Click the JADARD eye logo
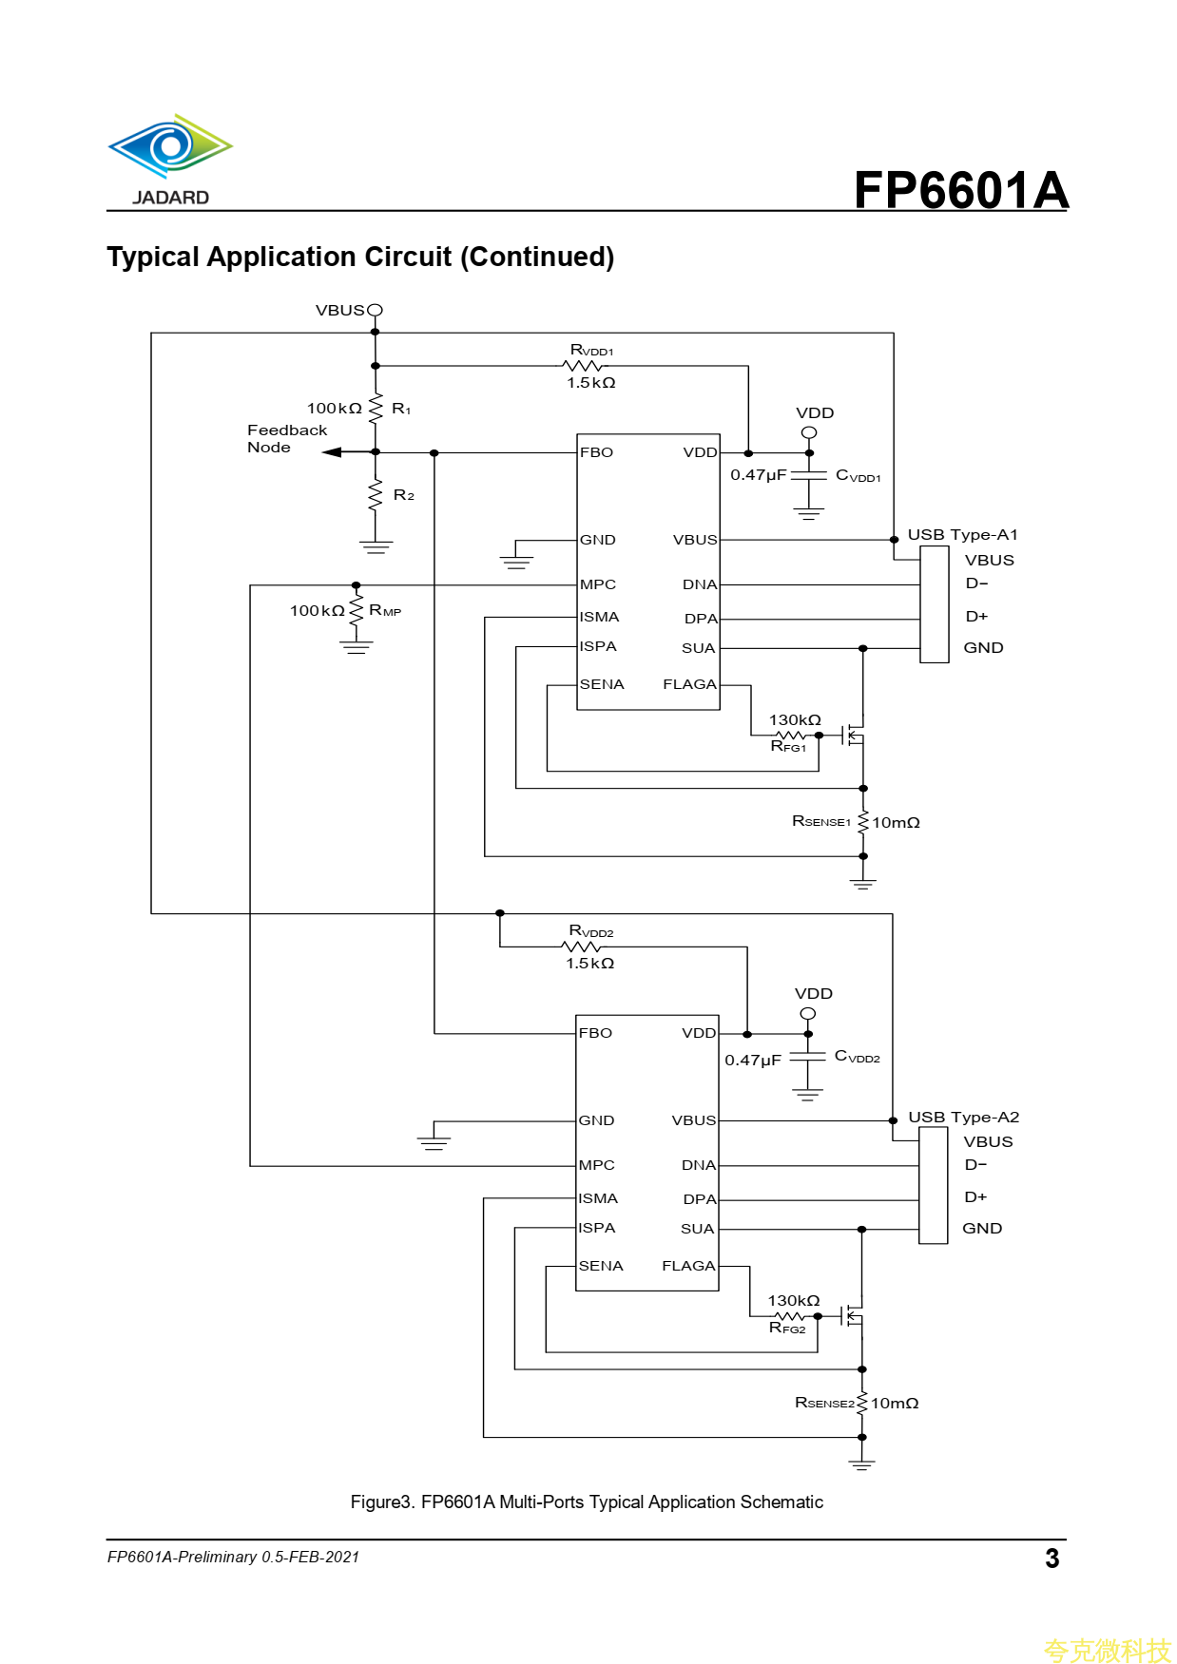[170, 146]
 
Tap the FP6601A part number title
[960, 190]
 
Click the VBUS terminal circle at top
[376, 310]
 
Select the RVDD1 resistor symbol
[583, 366]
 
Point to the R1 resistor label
[401, 409]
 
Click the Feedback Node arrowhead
[332, 452]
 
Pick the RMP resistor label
[385, 610]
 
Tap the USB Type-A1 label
[962, 535]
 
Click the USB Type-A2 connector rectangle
[933, 1185]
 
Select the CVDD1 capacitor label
[858, 475]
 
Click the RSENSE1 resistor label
[821, 821]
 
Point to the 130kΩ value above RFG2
[794, 1300]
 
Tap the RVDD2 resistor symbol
[582, 947]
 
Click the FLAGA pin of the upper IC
[689, 684]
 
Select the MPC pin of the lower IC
[597, 1165]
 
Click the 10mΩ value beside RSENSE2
[895, 1404]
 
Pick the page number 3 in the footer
[1052, 1559]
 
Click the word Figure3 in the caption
[383, 1501]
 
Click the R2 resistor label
[403, 495]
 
